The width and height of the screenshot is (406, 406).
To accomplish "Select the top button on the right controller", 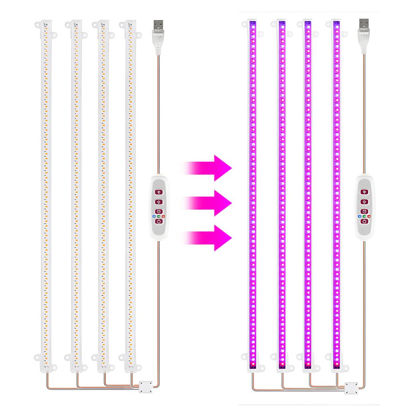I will [x=364, y=192].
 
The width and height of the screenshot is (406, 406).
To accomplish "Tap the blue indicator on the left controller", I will [x=153, y=216].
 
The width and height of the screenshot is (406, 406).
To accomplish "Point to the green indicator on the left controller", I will [x=158, y=216].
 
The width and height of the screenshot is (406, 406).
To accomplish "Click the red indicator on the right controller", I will [x=369, y=216].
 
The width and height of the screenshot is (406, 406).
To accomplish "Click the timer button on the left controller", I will [x=158, y=211].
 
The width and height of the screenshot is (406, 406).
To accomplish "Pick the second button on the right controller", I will [x=364, y=202].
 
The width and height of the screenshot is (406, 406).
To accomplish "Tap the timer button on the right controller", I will [x=364, y=211].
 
